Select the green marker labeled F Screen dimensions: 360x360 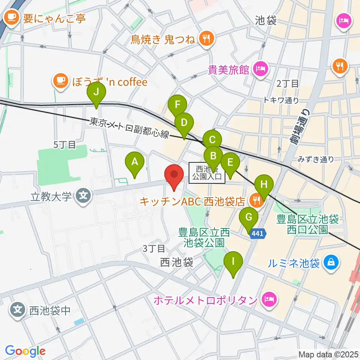coord(177,105)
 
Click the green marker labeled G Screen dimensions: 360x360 coord(248,217)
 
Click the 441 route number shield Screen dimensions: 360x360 coord(257,234)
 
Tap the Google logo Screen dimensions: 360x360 coord(25,351)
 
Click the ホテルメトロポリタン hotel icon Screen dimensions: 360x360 coord(269,299)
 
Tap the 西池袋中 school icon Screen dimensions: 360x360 coord(18,310)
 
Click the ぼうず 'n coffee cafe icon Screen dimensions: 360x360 coord(60,81)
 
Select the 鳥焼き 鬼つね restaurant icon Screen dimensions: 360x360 coord(206,37)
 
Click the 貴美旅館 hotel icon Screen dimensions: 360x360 coord(259,69)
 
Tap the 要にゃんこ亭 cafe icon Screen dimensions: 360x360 coord(12,18)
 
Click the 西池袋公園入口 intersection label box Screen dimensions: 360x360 coord(207,172)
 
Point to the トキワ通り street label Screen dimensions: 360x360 coord(281,100)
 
